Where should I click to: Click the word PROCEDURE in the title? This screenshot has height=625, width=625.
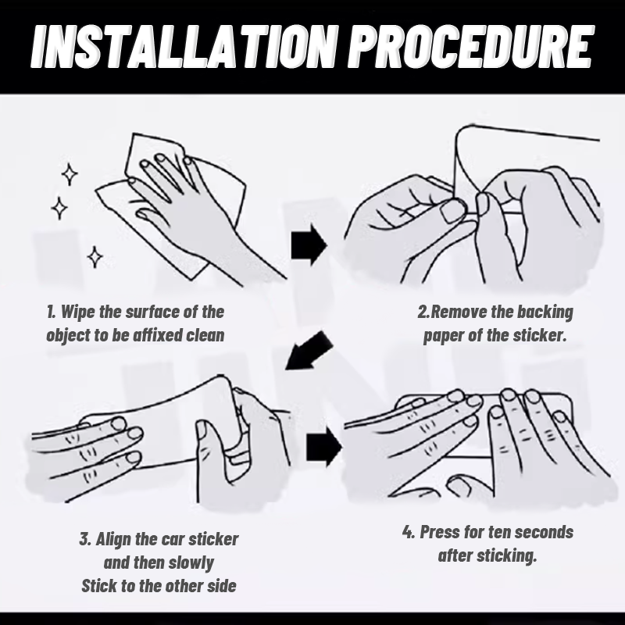pos(471,47)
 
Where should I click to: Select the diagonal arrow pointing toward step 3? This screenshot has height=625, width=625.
pos(309,350)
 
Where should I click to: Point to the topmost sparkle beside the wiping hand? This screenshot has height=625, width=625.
pos(70,174)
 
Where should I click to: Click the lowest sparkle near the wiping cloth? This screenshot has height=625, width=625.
pos(95,257)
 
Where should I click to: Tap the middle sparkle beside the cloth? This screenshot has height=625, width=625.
pos(59,208)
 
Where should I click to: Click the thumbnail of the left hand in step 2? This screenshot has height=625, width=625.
pos(453,211)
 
